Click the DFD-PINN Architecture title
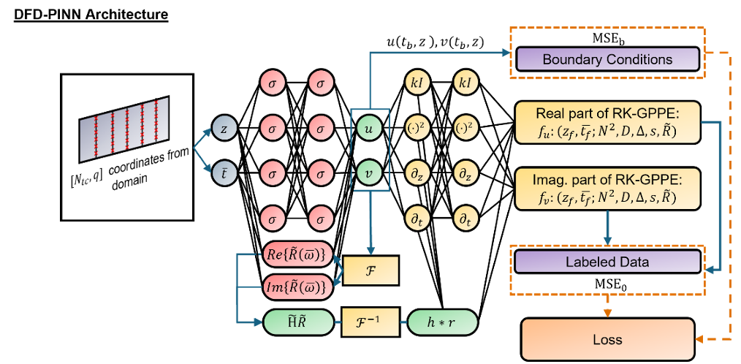(91, 15)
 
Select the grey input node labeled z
(224, 129)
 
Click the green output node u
(370, 129)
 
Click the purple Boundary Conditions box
(607, 59)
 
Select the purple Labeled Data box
(607, 262)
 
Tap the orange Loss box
(607, 339)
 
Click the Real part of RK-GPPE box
(607, 122)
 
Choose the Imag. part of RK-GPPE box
(607, 189)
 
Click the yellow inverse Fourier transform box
(370, 320)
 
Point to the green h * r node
(441, 320)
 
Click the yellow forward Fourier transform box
(370, 270)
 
